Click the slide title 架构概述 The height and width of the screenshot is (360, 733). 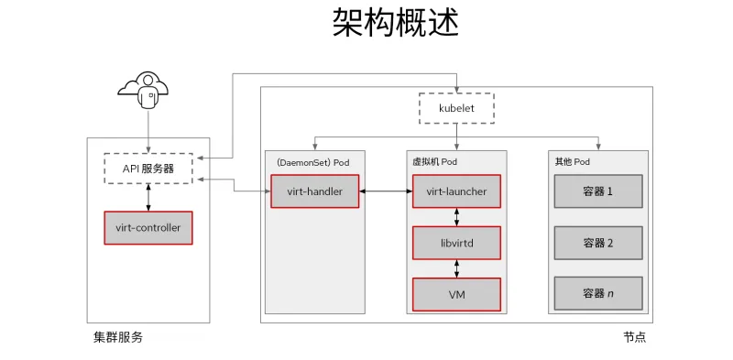395,24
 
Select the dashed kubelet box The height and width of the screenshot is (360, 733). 455,108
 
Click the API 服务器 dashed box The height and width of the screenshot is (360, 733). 148,168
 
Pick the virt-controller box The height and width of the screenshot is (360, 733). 148,227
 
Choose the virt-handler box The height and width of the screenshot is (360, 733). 313,191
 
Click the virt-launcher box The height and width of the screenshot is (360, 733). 456,191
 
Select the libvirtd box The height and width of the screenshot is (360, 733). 456,244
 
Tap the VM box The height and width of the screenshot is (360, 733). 456,295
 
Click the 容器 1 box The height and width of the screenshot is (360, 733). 597,191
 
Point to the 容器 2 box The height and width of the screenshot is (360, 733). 597,243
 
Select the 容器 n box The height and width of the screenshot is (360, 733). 597,294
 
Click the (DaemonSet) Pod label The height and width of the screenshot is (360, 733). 312,162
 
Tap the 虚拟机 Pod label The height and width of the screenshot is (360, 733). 435,162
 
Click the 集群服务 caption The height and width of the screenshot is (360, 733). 118,337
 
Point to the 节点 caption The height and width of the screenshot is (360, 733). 634,337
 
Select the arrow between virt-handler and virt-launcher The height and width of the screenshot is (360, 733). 385,191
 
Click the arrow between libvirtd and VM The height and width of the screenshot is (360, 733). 456,269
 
